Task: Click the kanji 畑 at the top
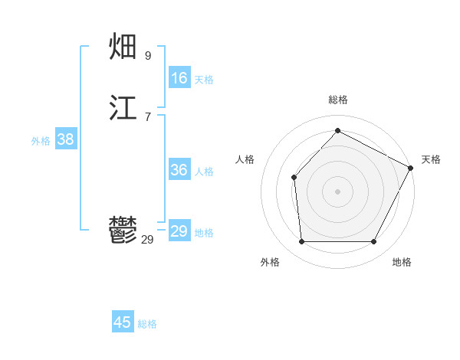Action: (124, 47)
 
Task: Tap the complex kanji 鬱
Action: (124, 231)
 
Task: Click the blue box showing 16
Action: (179, 78)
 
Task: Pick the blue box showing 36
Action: (179, 170)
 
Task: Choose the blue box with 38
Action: (66, 139)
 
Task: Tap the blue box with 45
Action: (123, 322)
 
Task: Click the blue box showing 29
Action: (179, 231)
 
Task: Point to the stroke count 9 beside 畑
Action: (148, 56)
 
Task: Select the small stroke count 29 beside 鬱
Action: (148, 240)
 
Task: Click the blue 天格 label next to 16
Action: (204, 80)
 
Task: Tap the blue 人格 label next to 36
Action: (204, 172)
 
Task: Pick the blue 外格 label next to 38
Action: (41, 141)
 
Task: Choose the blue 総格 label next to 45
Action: (147, 324)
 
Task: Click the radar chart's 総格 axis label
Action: (337, 100)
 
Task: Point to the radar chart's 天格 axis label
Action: (431, 159)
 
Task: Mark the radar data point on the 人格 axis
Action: (294, 178)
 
